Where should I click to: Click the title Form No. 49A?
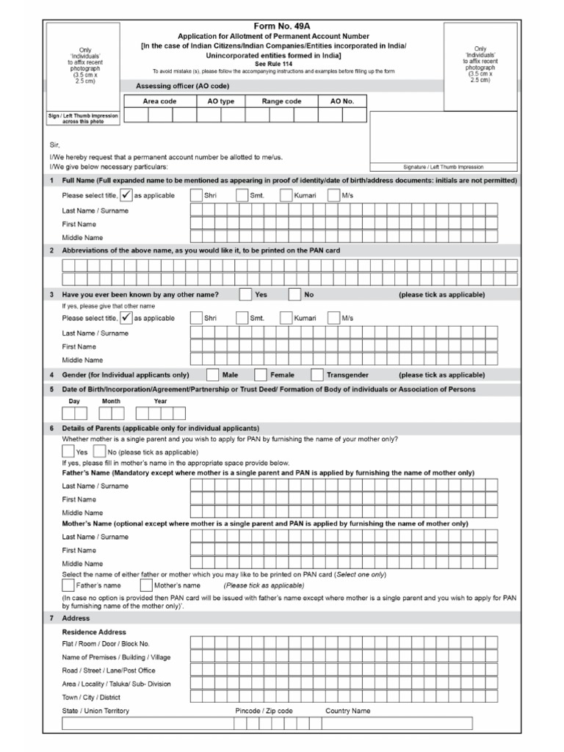pyautogui.click(x=281, y=26)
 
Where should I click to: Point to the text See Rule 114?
pyautogui.click(x=281, y=64)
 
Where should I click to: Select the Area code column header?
pyautogui.click(x=159, y=101)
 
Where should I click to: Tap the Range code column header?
pyautogui.click(x=281, y=101)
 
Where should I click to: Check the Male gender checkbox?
pyautogui.click(x=213, y=375)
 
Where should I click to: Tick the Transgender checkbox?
pyautogui.click(x=317, y=375)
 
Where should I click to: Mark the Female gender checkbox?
pyautogui.click(x=261, y=375)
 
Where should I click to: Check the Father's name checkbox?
pyautogui.click(x=68, y=586)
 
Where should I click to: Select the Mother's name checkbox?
pyautogui.click(x=145, y=586)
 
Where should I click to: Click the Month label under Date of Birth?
pyautogui.click(x=111, y=402)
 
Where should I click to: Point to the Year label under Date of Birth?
pyautogui.click(x=160, y=402)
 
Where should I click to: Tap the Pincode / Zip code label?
pyautogui.click(x=264, y=711)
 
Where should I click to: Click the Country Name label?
pyautogui.click(x=348, y=711)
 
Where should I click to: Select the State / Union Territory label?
pyautogui.click(x=95, y=711)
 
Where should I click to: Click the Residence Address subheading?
pyautogui.click(x=94, y=632)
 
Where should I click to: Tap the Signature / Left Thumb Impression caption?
pyautogui.click(x=443, y=167)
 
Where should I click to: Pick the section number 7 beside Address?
pyautogui.click(x=51, y=618)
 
